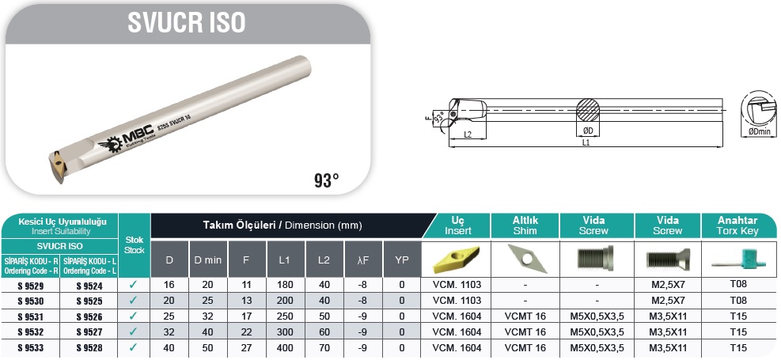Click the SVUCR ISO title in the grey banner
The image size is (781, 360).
pyautogui.click(x=187, y=22)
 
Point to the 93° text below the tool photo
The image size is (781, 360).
pyautogui.click(x=327, y=180)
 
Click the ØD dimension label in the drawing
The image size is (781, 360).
pyautogui.click(x=588, y=131)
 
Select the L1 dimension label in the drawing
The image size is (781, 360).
pyautogui.click(x=586, y=142)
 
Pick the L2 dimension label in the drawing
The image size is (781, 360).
pyautogui.click(x=468, y=135)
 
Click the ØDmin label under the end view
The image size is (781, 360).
pyautogui.click(x=759, y=132)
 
